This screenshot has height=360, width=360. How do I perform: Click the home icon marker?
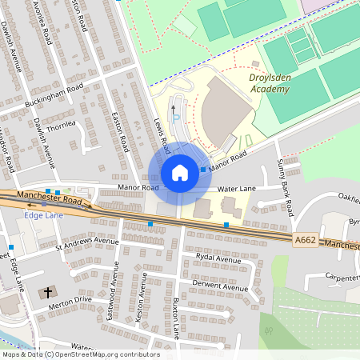[x=180, y=173]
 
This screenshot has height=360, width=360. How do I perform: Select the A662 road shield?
[x=306, y=239]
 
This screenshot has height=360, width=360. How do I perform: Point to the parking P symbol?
[x=177, y=118]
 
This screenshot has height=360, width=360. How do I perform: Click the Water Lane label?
[x=236, y=189]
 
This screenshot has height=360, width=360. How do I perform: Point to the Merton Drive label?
[x=71, y=301]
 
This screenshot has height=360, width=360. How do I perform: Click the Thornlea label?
[x=61, y=125]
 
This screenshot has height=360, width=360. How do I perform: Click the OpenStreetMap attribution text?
[x=81, y=354]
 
